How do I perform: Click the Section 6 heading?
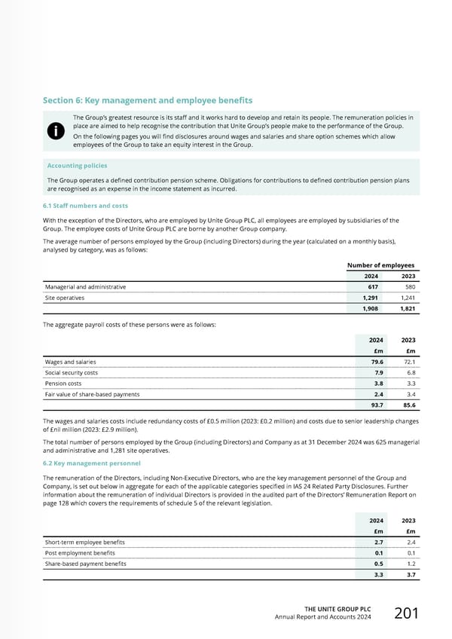coord(148,100)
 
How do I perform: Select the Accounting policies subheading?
coord(77,166)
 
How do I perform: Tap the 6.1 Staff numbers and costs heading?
coord(85,206)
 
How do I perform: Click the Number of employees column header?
coord(380,265)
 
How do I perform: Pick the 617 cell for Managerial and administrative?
coord(373,287)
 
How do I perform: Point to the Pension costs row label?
coord(65,384)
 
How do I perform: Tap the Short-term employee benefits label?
coord(85,543)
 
